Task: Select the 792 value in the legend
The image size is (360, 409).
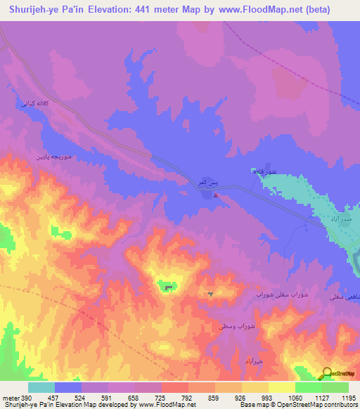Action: click(188, 397)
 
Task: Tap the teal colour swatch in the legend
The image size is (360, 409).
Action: click(41, 387)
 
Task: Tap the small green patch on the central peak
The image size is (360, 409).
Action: click(167, 285)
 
